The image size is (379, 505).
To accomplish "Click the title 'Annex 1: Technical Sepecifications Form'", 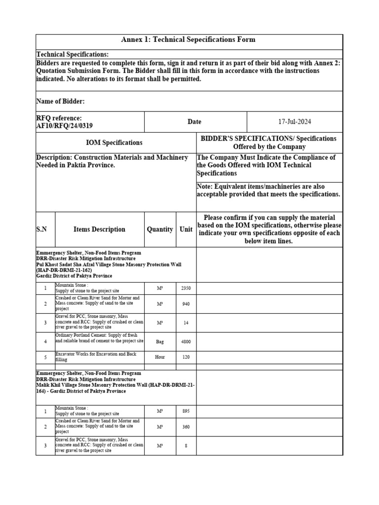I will pos(189,39).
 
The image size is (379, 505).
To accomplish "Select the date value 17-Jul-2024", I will pos(294,122).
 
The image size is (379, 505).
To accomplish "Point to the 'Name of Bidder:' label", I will pos(61,101).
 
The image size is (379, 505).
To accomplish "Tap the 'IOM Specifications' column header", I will pos(114,143).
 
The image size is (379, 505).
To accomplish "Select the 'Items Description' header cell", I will pos(99,229).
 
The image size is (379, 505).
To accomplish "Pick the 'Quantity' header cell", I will pos(160,229).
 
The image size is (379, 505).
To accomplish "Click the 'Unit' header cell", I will pos(186,229).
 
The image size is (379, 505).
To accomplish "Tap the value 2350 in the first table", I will pos(186,288).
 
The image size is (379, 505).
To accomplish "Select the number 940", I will pos(186,304).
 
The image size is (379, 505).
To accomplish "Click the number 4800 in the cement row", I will pos(186,341).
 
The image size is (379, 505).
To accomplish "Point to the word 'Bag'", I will pos(160,341).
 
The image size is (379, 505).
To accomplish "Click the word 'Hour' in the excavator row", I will pos(160,357).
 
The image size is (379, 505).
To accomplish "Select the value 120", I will pos(186,357).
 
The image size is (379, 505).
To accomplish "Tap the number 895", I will pos(186,411).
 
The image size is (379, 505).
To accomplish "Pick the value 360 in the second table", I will pos(186,427).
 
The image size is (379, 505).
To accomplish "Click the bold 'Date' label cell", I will pos(194,122).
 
